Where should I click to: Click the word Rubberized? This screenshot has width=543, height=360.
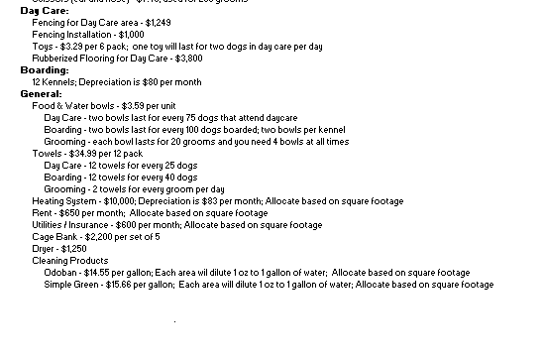coord(56,58)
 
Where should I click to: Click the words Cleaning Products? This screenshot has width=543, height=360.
coord(68,261)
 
